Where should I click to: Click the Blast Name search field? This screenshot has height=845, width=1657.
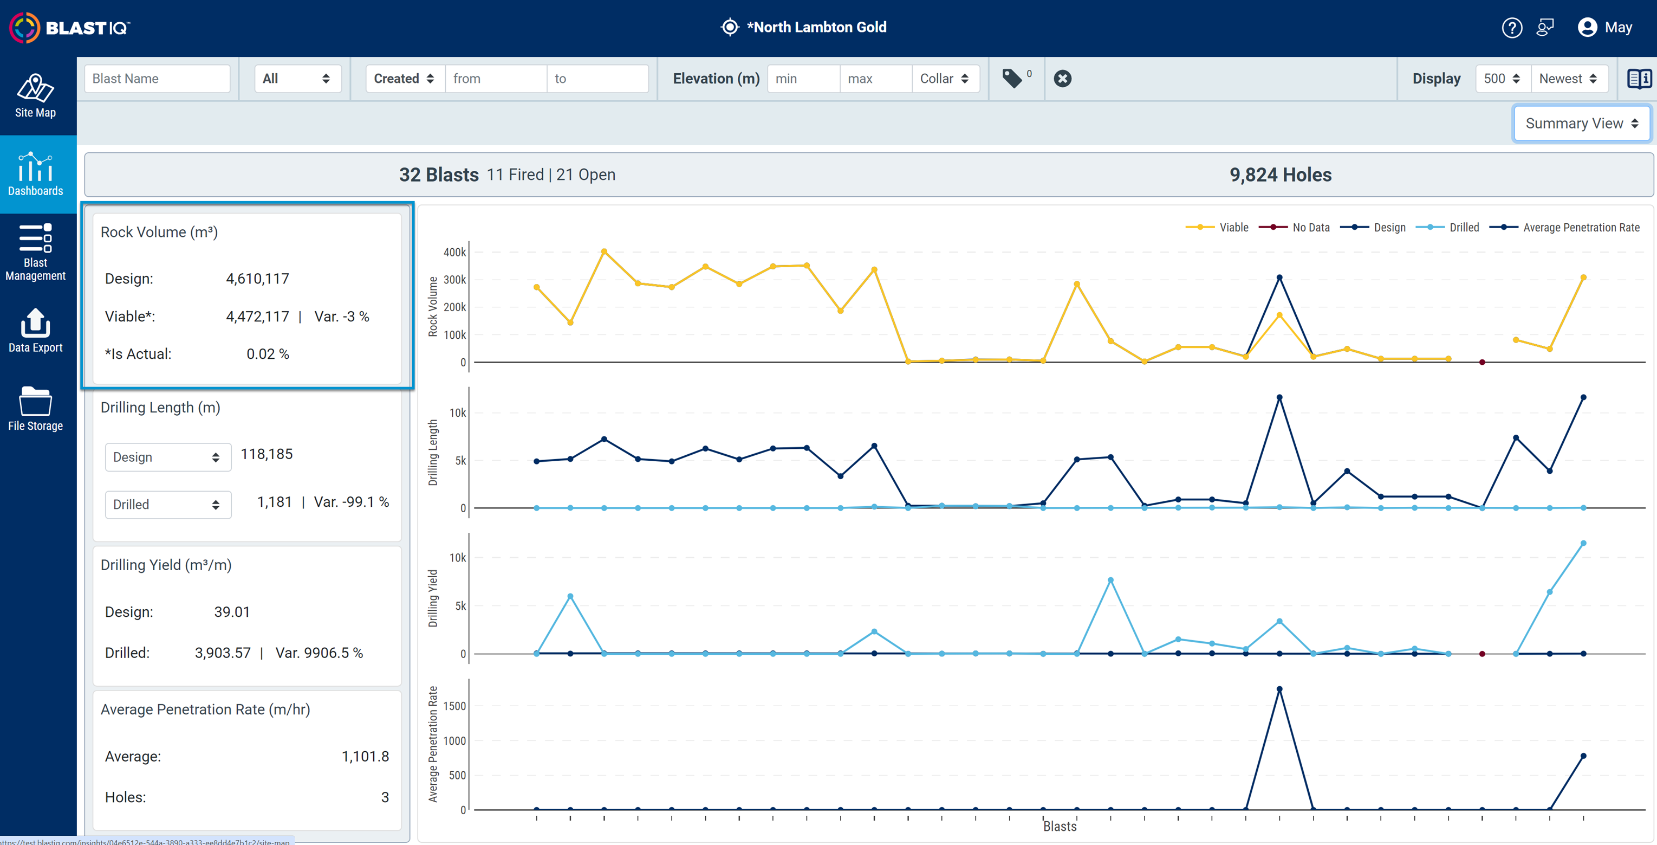[x=157, y=79]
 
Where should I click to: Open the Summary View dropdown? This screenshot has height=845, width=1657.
[x=1581, y=123]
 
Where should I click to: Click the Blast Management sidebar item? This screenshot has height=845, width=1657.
[x=35, y=252]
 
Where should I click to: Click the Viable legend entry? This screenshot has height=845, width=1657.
[x=1217, y=227]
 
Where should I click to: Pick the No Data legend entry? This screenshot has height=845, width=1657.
[x=1294, y=227]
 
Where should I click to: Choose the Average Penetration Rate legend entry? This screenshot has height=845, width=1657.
[x=1565, y=227]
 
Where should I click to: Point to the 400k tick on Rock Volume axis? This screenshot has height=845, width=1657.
[x=454, y=252]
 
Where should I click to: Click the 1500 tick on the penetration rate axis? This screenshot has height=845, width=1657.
[x=454, y=706]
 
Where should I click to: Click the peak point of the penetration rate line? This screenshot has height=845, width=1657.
[x=1279, y=689]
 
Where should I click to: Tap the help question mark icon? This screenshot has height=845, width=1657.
[x=1512, y=28]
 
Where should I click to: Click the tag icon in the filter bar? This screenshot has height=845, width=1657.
[x=1012, y=79]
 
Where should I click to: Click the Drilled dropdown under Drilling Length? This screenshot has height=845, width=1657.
[x=168, y=505]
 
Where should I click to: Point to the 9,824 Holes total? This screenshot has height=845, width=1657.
[x=1280, y=175]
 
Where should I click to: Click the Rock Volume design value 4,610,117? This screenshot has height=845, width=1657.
[x=257, y=279]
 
